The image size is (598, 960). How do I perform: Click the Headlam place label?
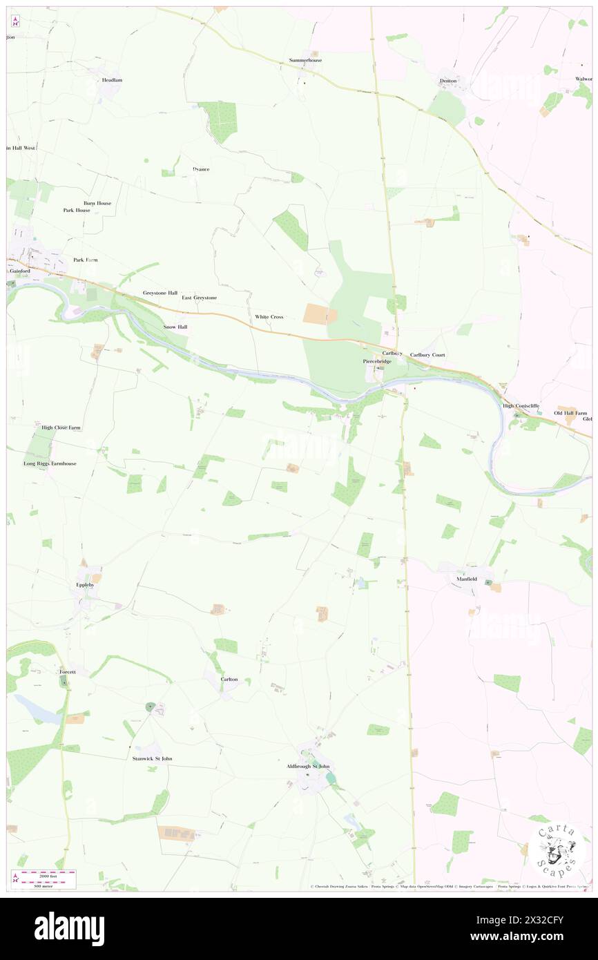[112, 80]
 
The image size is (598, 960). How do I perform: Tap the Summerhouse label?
[305, 60]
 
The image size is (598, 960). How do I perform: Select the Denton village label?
[448, 80]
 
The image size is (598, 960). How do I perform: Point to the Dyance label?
[201, 169]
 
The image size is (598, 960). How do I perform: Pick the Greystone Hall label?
[160, 293]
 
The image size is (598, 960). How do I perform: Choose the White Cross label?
[269, 316]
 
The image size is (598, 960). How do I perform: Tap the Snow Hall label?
[175, 326]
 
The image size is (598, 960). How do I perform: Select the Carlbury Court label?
[427, 354]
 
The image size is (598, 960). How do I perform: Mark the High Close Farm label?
[61, 428]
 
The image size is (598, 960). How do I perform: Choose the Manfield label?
[466, 578]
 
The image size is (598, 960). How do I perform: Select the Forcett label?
[72, 671]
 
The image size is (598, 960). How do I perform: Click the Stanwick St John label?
[152, 758]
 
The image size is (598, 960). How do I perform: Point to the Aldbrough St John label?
[308, 766]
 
